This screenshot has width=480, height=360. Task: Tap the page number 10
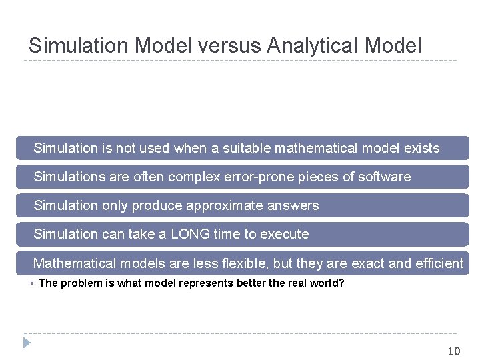pyautogui.click(x=453, y=351)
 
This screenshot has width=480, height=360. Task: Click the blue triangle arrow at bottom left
pyautogui.click(x=27, y=343)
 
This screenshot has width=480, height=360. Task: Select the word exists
pyautogui.click(x=421, y=148)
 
